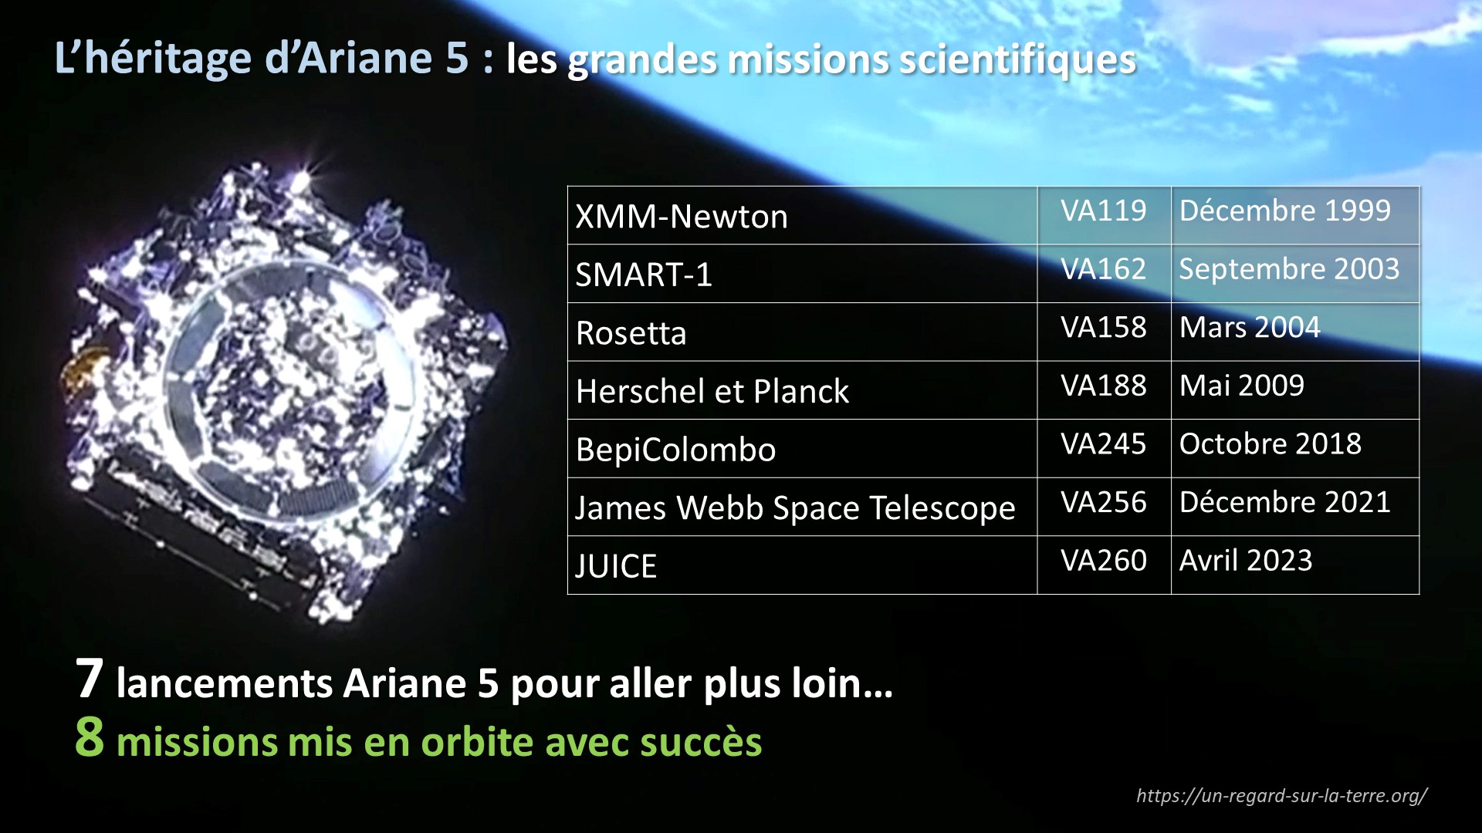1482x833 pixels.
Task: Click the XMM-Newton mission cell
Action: [802, 216]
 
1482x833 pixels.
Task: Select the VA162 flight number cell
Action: [1104, 274]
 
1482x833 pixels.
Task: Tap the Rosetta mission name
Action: [631, 333]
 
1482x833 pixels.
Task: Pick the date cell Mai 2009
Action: [1295, 390]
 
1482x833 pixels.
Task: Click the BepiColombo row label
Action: [675, 450]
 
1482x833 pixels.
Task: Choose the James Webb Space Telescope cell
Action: [802, 507]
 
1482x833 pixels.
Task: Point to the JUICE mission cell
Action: [802, 565]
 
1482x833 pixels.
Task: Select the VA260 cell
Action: [1104, 565]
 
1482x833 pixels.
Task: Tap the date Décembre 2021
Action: [1284, 502]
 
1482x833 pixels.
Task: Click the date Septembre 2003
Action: [1289, 269]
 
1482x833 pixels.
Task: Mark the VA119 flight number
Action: [1104, 211]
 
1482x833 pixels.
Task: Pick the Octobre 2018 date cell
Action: [1295, 448]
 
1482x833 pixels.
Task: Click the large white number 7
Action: [90, 679]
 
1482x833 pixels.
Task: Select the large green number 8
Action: [90, 737]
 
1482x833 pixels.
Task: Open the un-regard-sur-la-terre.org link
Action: [1281, 796]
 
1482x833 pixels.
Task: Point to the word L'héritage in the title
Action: [153, 59]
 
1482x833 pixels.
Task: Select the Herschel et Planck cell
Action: [802, 390]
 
